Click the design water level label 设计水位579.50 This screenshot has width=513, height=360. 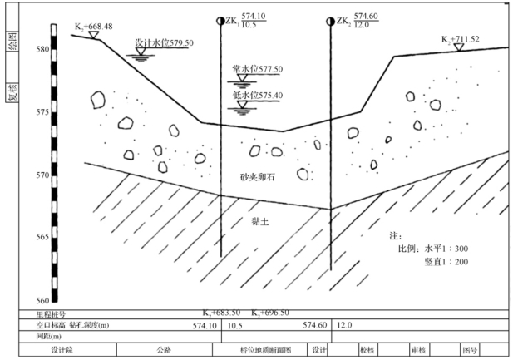point(164,42)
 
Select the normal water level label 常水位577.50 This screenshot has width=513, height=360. point(258,70)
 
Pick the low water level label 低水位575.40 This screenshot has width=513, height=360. point(258,96)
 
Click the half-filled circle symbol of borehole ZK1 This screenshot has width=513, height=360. point(220,20)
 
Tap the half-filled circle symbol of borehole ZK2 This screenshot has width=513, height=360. point(330,20)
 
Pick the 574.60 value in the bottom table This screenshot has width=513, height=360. point(315,325)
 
